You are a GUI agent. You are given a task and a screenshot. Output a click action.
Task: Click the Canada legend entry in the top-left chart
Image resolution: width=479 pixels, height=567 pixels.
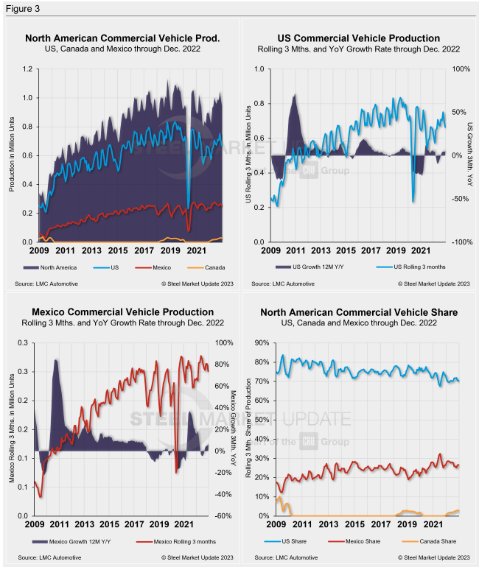(211, 267)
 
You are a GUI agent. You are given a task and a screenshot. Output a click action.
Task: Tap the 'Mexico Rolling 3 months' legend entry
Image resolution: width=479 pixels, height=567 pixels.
(172, 541)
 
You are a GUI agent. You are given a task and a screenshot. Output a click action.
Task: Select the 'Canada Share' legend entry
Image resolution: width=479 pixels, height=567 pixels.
(425, 541)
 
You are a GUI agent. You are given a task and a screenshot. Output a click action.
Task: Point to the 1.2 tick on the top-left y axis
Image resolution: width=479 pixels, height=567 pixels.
(27, 70)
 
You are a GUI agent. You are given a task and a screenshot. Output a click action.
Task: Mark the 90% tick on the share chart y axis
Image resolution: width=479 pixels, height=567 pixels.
(262, 343)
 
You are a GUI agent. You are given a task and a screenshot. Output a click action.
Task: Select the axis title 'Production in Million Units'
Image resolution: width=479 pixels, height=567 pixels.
(12, 155)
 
